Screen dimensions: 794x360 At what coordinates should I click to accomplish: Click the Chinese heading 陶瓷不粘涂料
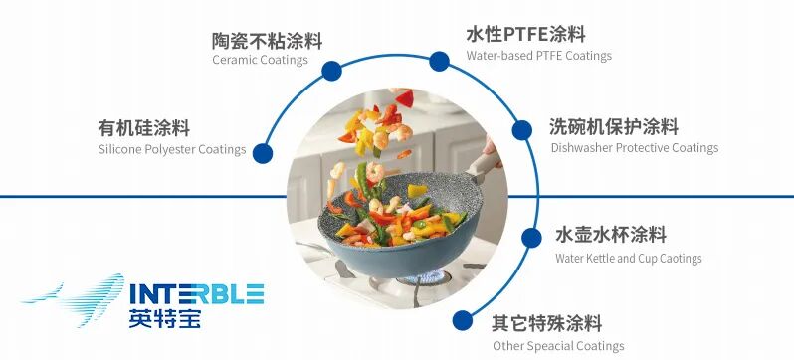click(267, 41)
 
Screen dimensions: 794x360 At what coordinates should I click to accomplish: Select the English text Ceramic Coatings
click(260, 60)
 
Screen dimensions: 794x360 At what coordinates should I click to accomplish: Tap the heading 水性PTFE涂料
click(525, 35)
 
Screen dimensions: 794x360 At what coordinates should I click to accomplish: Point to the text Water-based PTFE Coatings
click(538, 56)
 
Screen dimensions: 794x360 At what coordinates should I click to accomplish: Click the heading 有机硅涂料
click(143, 128)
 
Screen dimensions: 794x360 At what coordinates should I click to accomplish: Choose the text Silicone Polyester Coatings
click(172, 149)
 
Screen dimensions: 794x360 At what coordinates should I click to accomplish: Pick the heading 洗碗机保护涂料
click(613, 127)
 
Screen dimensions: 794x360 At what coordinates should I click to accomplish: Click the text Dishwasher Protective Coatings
click(634, 148)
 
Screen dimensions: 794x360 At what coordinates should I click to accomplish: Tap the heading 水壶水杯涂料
click(610, 236)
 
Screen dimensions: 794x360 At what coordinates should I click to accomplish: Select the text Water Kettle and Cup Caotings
click(628, 259)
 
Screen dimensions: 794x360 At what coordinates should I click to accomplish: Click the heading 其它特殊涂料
click(546, 324)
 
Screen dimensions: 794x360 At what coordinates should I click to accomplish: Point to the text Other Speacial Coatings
click(558, 346)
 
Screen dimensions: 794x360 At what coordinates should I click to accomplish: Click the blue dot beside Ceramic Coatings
click(332, 71)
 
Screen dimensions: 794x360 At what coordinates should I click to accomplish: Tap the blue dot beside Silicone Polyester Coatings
click(262, 154)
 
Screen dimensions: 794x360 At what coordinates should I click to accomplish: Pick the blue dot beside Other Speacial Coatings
click(463, 320)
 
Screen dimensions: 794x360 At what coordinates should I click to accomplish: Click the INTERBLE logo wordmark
click(196, 293)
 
